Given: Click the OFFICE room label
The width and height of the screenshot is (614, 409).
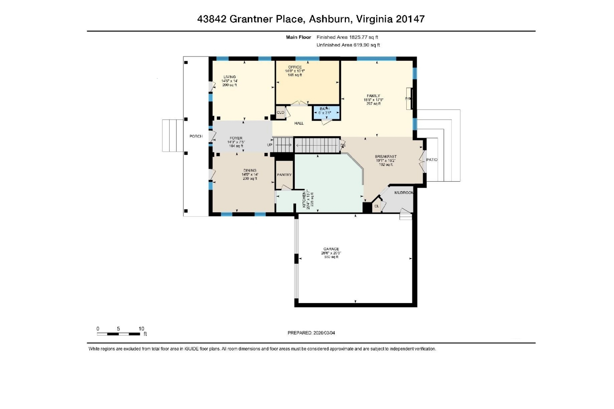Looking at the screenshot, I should pyautogui.click(x=295, y=67).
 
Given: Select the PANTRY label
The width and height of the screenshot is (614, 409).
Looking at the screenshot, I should pyautogui.click(x=284, y=175).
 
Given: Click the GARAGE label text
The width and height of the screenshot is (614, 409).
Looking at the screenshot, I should pyautogui.click(x=331, y=249).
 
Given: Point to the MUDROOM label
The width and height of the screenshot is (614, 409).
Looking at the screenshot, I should pyautogui.click(x=404, y=193).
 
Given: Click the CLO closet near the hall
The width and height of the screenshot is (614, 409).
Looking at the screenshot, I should pyautogui.click(x=280, y=112).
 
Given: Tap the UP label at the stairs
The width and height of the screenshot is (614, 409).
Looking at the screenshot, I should pyautogui.click(x=269, y=145).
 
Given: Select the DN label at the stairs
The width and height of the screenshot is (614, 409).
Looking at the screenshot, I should pyautogui.click(x=343, y=146).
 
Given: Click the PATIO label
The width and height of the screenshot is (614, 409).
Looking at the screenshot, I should pyautogui.click(x=432, y=160).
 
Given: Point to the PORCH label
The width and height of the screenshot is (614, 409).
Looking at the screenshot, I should pyautogui.click(x=196, y=136).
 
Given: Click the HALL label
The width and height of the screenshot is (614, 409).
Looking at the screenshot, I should pyautogui.click(x=299, y=123).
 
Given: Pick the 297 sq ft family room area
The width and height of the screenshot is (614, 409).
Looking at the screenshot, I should pyautogui.click(x=374, y=104).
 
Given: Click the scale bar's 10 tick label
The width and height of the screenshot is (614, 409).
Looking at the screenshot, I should pyautogui.click(x=141, y=329).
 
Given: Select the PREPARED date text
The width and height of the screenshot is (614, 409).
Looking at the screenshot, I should pyautogui.click(x=311, y=333).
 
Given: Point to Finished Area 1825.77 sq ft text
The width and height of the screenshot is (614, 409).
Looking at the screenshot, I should pyautogui.click(x=347, y=37).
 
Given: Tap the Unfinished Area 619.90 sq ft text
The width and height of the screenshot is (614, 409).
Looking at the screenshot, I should pyautogui.click(x=348, y=45).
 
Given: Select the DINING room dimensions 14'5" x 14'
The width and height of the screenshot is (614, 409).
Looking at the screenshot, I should pyautogui.click(x=250, y=175).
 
